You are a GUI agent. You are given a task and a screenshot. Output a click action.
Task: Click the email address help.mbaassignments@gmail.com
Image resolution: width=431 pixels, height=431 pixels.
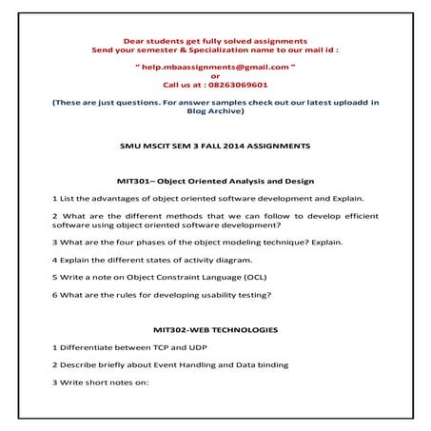point(215,67)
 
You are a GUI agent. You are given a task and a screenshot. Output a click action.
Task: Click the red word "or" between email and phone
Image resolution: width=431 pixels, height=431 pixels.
point(215,75)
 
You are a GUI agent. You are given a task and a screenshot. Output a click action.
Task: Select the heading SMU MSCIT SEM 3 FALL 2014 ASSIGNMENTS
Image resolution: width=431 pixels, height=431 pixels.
point(215,146)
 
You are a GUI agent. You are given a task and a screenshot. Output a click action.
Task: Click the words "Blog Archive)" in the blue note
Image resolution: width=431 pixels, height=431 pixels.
point(215,110)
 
